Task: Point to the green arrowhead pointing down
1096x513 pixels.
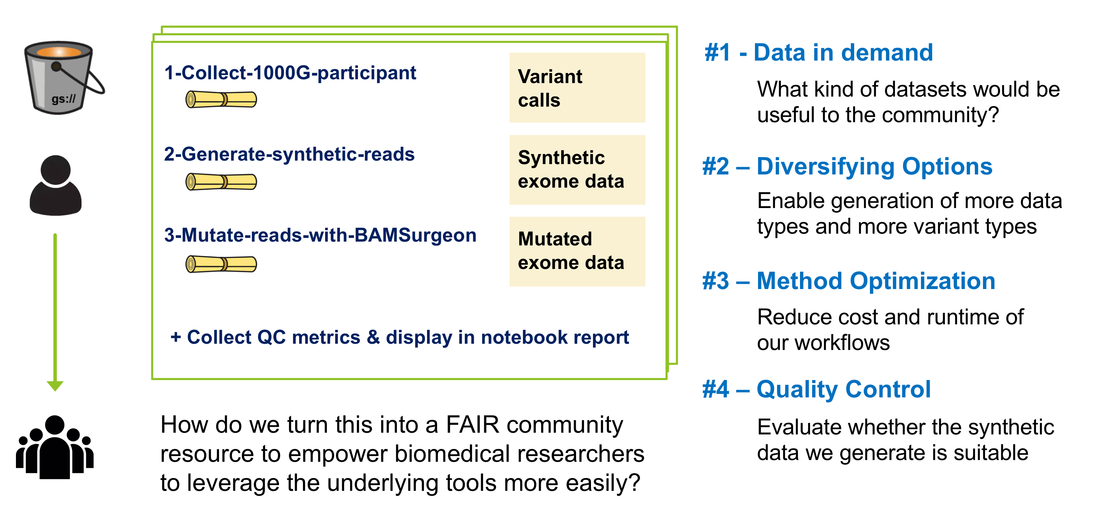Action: (x=55, y=386)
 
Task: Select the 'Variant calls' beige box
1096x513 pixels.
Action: (x=576, y=88)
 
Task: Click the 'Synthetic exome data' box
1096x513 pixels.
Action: (x=576, y=170)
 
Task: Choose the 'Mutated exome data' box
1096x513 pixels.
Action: (x=576, y=251)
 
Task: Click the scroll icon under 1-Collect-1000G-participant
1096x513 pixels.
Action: (x=221, y=99)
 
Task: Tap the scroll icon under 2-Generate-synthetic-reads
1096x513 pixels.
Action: (x=221, y=182)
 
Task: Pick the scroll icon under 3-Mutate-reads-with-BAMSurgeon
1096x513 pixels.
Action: (x=221, y=264)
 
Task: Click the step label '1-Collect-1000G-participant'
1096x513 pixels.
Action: (x=290, y=73)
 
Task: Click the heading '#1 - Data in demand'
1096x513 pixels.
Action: (x=818, y=53)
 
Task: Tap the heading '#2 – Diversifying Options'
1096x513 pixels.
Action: (x=847, y=166)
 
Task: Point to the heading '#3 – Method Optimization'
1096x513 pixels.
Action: (x=849, y=281)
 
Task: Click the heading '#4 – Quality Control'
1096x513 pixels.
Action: (x=816, y=389)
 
